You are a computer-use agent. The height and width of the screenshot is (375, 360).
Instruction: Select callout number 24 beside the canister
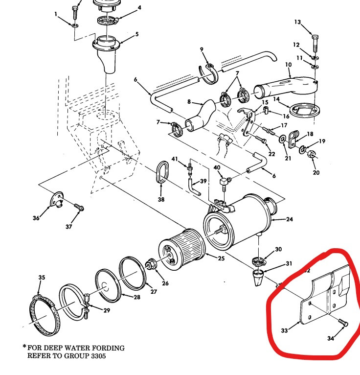click(290, 219)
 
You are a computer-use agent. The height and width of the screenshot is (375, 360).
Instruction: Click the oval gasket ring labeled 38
click(163, 173)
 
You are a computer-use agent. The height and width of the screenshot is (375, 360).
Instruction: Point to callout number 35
click(42, 278)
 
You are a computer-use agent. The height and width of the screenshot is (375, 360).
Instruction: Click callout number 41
click(174, 160)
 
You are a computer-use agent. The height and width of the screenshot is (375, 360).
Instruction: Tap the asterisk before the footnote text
click(23, 347)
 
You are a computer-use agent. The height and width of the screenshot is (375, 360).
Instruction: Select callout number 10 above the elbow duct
click(288, 65)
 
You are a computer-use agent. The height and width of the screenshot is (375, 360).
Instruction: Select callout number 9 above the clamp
click(201, 49)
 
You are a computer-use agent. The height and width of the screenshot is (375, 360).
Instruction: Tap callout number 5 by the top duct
click(137, 34)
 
